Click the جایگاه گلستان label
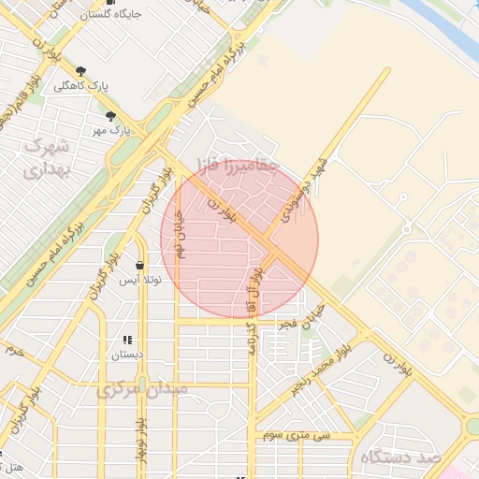[x=87, y=14]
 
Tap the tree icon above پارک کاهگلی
[x=80, y=71]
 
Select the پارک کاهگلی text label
[x=80, y=86]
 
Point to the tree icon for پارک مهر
[x=111, y=116]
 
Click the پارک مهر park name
[x=111, y=130]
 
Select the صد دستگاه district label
[x=398, y=457]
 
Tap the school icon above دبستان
[x=128, y=341]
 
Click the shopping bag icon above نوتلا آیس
[x=139, y=265]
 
